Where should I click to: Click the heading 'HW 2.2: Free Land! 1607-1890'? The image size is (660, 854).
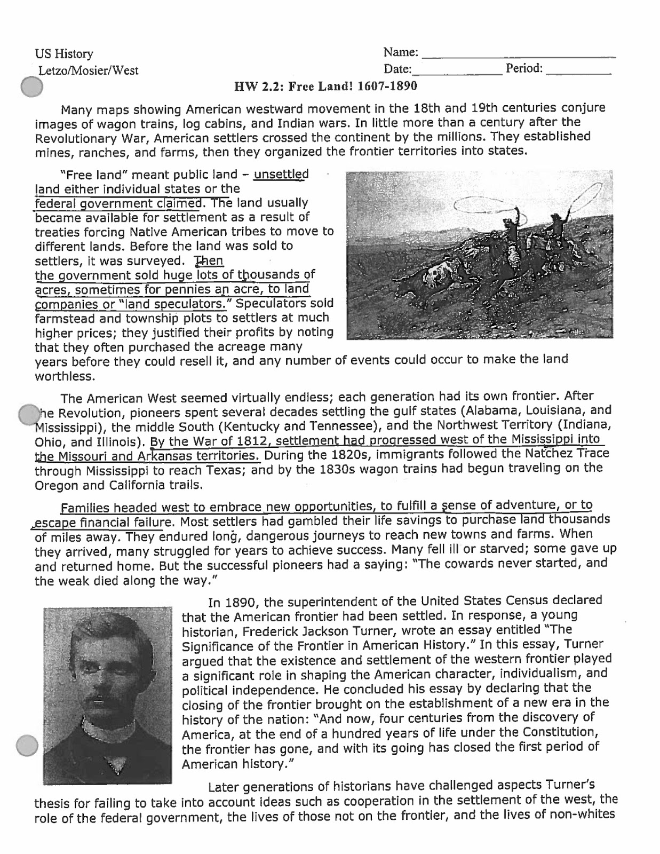tap(326, 86)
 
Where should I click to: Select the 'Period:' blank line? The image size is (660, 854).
tap(578, 70)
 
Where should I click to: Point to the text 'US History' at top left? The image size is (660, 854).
tap(64, 54)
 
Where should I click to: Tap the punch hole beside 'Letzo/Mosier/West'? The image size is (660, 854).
tap(33, 87)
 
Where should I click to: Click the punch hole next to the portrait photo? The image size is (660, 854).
tap(27, 746)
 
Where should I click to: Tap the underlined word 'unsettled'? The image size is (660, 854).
tap(281, 175)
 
